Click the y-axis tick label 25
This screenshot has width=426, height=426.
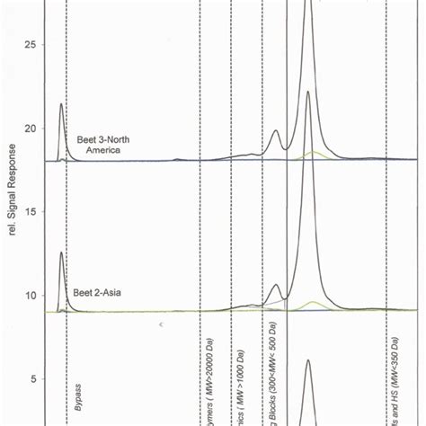30,44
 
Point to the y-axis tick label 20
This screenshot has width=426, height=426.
30,128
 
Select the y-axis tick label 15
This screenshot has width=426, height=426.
30,211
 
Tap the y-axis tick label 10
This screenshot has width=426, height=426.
30,295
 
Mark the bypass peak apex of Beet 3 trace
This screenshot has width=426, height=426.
61,104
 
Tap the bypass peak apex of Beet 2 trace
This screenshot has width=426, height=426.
61,253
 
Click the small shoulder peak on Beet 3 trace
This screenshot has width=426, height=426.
276,131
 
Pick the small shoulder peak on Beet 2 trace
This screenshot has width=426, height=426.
275,286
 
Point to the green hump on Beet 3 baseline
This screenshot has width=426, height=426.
312,153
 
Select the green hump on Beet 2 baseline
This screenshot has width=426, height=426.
312,302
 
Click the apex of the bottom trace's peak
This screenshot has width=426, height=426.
307,360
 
